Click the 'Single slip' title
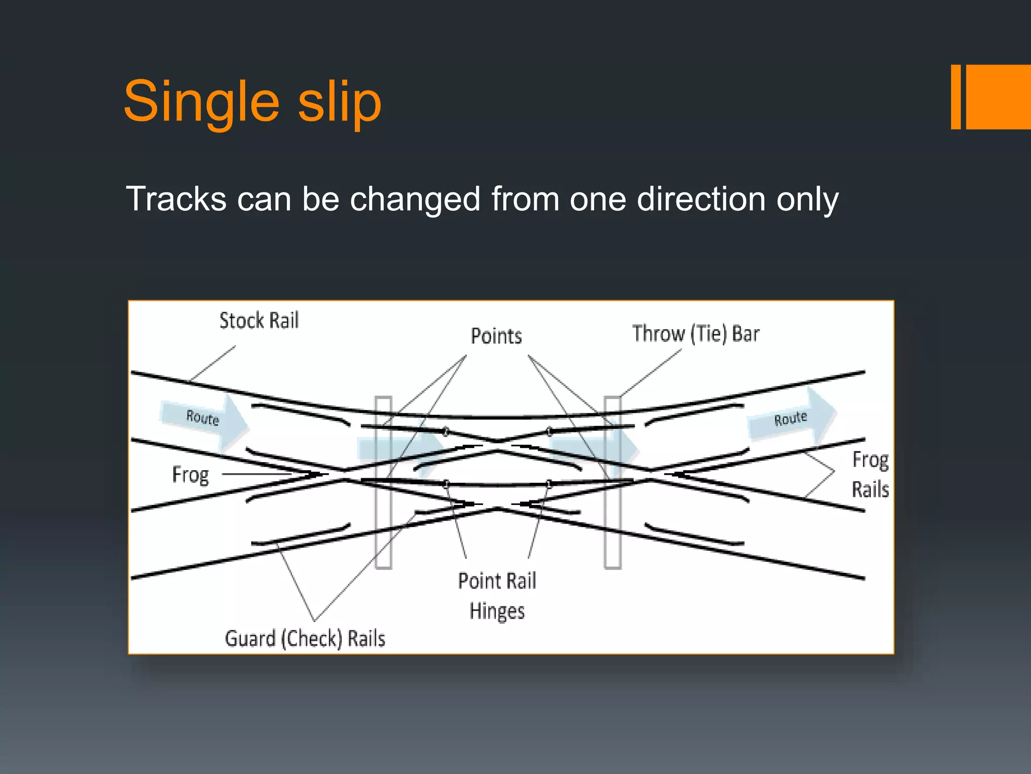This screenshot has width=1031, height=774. click(252, 102)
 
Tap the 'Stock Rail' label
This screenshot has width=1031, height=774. click(259, 320)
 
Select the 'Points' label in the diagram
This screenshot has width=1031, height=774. click(496, 336)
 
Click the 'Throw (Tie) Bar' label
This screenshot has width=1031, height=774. click(695, 334)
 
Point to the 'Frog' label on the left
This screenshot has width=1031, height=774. click(190, 475)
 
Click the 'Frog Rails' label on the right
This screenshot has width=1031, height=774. click(870, 474)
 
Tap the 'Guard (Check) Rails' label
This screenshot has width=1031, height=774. click(305, 638)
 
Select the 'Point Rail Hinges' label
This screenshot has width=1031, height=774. click(497, 596)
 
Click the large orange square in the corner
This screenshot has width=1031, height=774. click(998, 97)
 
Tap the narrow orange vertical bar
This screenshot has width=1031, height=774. click(955, 97)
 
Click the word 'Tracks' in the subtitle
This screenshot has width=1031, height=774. click(176, 199)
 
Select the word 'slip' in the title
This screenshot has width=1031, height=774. click(339, 102)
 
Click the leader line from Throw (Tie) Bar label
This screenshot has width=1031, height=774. click(651, 372)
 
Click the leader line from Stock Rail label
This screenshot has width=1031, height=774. click(213, 363)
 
